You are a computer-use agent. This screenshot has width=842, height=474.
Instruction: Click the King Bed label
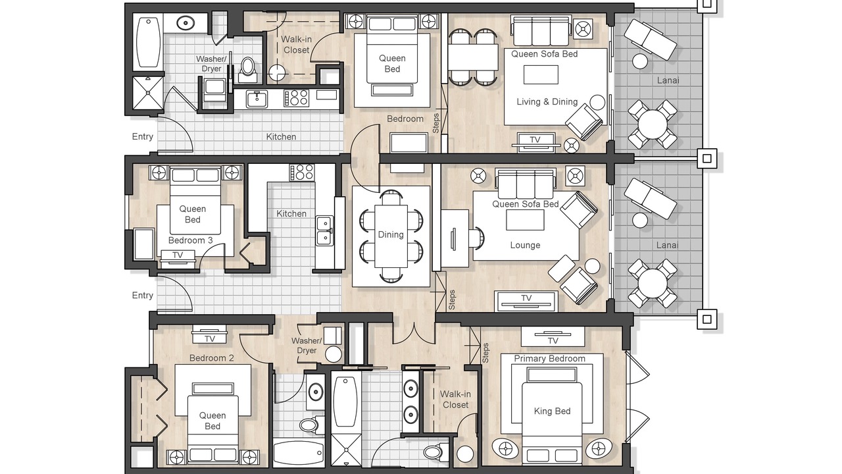pyautogui.click(x=552, y=411)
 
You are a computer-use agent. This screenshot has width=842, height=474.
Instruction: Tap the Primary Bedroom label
pyautogui.click(x=549, y=359)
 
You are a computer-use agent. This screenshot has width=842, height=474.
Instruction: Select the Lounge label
pyautogui.click(x=525, y=246)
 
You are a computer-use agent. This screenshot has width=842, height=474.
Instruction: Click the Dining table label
pyautogui.click(x=391, y=235)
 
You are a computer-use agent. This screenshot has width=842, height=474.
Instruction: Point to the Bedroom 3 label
pyautogui.click(x=191, y=240)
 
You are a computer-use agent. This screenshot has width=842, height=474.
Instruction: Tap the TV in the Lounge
pyautogui.click(x=526, y=301)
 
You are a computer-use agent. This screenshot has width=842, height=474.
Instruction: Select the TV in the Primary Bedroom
pyautogui.click(x=553, y=336)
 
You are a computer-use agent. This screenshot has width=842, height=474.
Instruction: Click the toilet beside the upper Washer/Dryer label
pyautogui.click(x=247, y=70)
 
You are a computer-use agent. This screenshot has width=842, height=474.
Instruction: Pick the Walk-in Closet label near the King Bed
pyautogui.click(x=455, y=400)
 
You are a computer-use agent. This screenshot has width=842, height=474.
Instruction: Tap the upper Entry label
pyautogui.click(x=143, y=136)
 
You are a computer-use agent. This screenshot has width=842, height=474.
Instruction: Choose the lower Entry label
pyautogui.click(x=143, y=296)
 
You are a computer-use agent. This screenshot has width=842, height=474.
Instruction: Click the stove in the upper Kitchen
pyautogui.click(x=297, y=97)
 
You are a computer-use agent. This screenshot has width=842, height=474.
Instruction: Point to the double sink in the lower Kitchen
pyautogui.click(x=324, y=230)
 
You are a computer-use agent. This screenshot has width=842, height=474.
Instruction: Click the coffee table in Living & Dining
pyautogui.click(x=541, y=74)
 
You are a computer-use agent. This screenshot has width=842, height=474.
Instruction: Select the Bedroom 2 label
pyautogui.click(x=211, y=358)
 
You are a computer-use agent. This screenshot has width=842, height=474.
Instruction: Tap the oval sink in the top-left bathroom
pyautogui.click(x=185, y=23)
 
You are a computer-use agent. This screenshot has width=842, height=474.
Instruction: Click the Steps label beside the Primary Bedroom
pyautogui.click(x=485, y=353)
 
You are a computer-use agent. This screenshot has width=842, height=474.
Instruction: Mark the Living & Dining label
pyautogui.click(x=547, y=101)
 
